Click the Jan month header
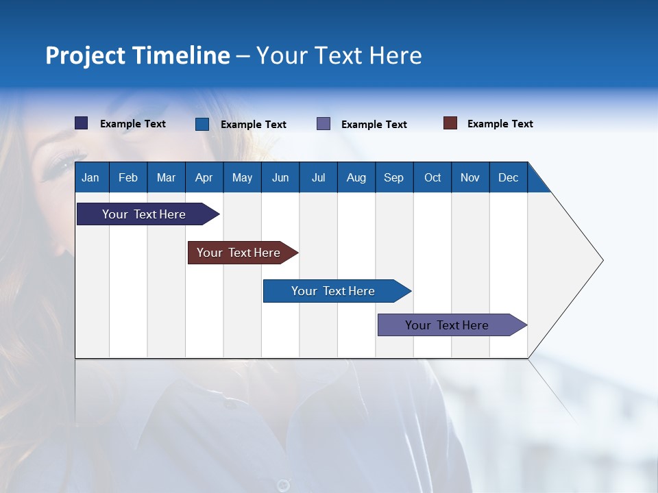point(91,177)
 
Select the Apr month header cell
point(204,177)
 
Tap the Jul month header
point(318,177)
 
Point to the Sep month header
point(393,177)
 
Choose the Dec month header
point(508,177)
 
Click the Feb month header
point(128,177)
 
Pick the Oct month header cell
point(432,177)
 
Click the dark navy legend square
point(82,123)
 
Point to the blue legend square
point(202,124)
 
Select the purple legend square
point(324,124)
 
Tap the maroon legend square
point(450,123)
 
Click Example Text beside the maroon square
point(500,124)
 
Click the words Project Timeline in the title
point(137,55)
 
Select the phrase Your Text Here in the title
point(339,55)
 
